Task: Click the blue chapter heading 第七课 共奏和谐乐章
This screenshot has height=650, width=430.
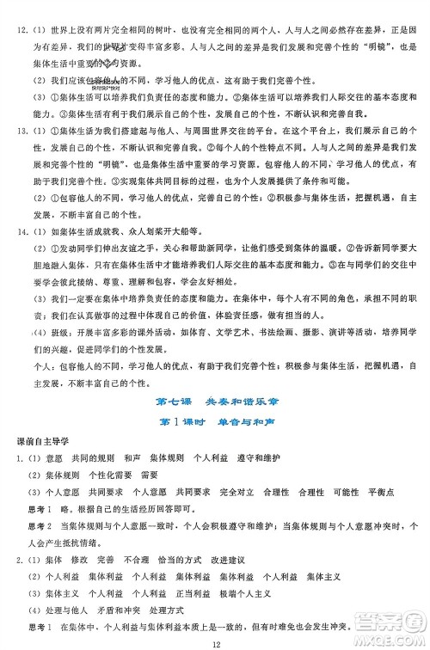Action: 214,402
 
